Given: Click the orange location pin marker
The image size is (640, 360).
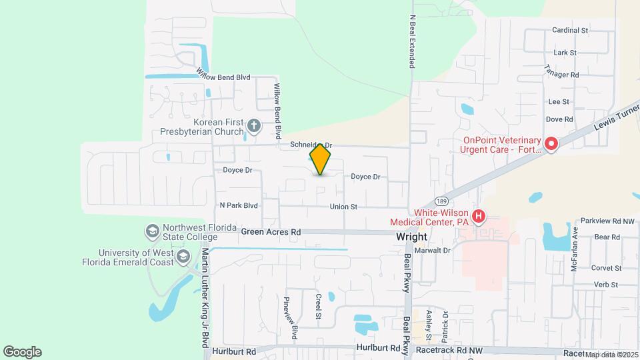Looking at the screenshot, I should coord(321,159).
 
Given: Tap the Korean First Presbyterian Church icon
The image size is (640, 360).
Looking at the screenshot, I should coord(253,125).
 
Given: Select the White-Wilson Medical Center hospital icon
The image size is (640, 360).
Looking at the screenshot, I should coord(478,217).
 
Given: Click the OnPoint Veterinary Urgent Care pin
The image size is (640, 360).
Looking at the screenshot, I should coord(551,144).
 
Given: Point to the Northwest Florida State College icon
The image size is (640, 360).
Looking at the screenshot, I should coord(152,231).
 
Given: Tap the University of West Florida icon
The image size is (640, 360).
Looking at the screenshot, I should coord(182,257).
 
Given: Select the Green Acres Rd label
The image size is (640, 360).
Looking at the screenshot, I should coord(271,232).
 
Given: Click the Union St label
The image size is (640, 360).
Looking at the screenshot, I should coord(343,207).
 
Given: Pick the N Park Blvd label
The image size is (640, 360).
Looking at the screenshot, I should coord(238,205).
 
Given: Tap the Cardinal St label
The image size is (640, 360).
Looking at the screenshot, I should coord(570,30).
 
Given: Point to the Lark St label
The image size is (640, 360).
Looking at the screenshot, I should coord(565,52).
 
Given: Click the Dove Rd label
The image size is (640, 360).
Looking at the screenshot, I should coord(559,119).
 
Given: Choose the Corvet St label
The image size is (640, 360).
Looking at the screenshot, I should coord(606,268).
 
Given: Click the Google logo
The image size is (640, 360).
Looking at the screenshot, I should coord(22,351).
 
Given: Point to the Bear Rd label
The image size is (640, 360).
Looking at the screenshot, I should coord(607,237).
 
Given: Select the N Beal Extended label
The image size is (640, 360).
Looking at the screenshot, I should coord(413,41).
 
